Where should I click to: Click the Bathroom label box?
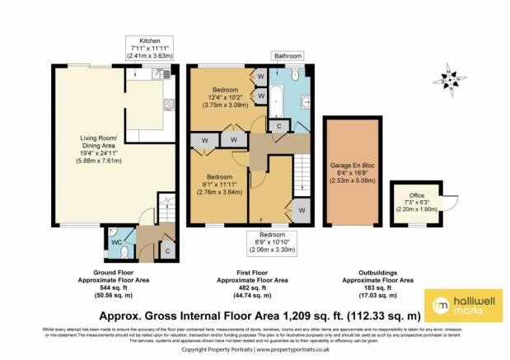288,57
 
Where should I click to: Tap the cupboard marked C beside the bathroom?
280,125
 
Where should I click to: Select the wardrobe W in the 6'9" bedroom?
302,210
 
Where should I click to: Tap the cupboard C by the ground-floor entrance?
166,250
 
